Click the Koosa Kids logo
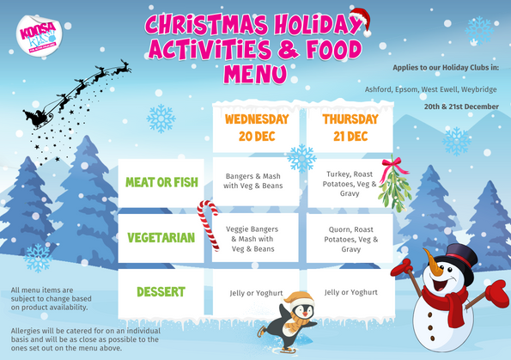point(39,38)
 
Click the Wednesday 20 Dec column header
point(256,127)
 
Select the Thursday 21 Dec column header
point(350,127)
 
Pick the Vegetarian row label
point(161,237)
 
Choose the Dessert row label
point(161,291)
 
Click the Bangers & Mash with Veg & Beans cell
point(256,180)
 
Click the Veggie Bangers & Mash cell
point(256,238)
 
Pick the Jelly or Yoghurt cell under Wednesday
point(256,292)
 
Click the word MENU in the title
point(255,72)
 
